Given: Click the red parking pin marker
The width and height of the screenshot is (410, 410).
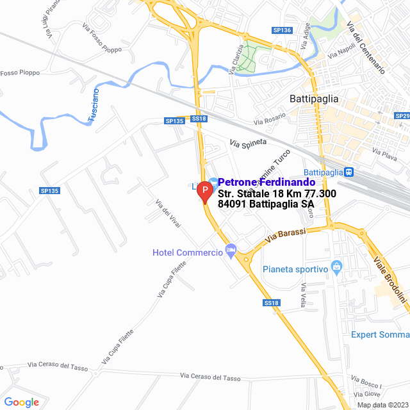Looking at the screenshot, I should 204,191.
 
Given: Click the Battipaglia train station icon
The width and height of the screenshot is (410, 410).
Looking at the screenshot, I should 348,172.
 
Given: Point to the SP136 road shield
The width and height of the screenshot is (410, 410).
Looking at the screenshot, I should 282,30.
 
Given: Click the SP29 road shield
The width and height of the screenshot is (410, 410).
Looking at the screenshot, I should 403,116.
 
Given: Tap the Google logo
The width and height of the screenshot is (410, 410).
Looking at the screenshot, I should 21,402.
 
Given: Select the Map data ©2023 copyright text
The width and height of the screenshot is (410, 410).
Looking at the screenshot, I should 382,405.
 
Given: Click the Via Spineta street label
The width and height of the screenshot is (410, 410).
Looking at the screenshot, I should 248,145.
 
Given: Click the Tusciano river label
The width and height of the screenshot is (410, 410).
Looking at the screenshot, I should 94,105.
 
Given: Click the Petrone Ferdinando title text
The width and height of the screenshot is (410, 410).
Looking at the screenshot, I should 266,183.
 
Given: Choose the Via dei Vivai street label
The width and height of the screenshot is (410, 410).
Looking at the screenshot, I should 168,213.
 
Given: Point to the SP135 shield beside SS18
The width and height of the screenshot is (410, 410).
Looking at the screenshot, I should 174,120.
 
